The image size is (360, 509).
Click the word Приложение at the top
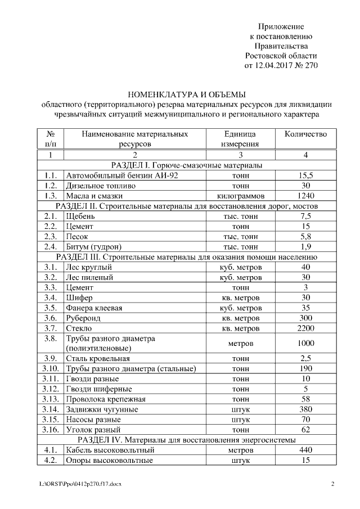point(281,26)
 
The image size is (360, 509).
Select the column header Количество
point(305,134)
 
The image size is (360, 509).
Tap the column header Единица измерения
point(240,139)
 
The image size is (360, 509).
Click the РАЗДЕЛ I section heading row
point(187,165)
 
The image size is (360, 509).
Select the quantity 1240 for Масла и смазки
point(305,196)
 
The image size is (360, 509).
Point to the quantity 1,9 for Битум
point(305,246)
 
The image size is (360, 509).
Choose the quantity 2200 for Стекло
point(305,328)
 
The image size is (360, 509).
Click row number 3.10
point(50,368)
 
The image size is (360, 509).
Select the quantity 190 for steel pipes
point(305,368)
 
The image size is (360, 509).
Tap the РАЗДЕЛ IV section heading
point(187,439)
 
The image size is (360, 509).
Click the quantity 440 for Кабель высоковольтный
point(305,450)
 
